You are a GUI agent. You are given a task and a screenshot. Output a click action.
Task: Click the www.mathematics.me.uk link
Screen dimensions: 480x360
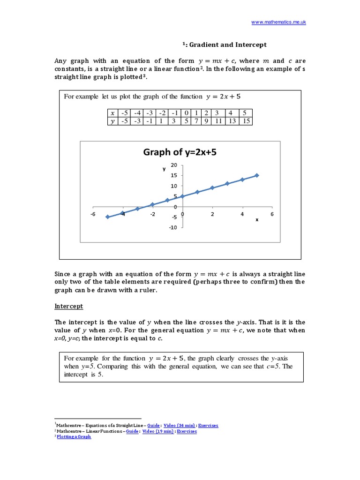tap(278, 22)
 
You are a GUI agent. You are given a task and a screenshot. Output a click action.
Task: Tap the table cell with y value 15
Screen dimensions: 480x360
tap(247, 121)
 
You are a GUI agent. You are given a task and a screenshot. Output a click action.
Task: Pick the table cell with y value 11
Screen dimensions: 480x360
tap(218, 121)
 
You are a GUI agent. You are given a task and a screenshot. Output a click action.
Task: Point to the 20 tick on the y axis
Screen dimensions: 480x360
tap(174, 165)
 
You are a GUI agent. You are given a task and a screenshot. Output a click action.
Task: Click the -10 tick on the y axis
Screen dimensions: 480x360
tap(173, 228)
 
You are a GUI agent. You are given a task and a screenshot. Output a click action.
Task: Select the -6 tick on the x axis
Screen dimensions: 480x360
tap(93, 214)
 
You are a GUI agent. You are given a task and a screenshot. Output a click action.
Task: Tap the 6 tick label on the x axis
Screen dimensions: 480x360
tap(272, 214)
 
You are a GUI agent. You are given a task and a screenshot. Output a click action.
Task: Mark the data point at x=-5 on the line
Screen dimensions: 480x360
tap(108, 217)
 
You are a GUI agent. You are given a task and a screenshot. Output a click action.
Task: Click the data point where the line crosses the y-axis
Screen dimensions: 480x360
tap(182, 196)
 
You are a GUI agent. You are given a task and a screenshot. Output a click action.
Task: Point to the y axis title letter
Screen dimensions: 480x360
tap(164, 169)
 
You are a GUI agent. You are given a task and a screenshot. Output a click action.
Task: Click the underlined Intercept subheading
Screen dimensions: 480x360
tap(69, 306)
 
